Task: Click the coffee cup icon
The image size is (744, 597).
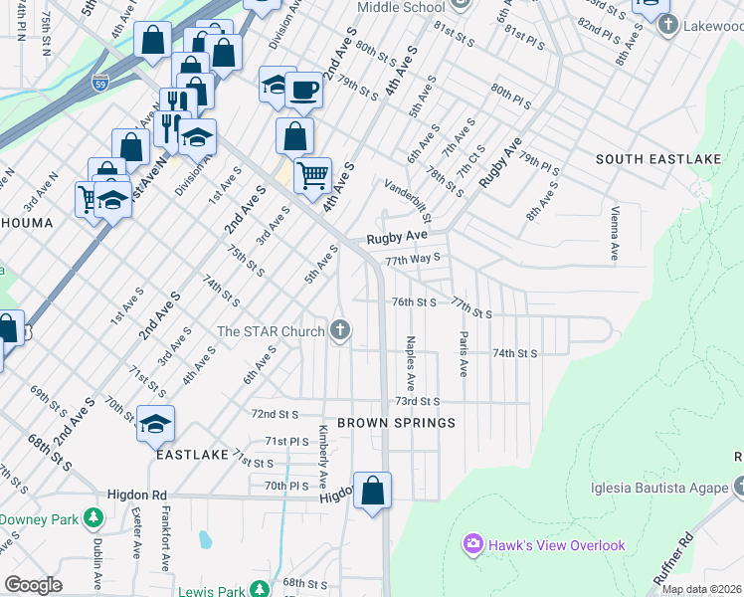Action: point(304,91)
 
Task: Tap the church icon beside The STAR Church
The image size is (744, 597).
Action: point(340,330)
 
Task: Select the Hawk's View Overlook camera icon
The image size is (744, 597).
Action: point(471,544)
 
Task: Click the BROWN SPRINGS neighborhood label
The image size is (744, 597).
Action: point(396,423)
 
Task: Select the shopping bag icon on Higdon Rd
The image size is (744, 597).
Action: point(372,492)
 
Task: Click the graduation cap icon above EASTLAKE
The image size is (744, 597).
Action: point(155,425)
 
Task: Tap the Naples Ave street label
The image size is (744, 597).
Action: point(410,363)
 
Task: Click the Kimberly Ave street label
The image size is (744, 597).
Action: point(323,455)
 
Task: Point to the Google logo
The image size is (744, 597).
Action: point(33,585)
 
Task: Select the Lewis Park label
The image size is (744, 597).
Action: point(210,591)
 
